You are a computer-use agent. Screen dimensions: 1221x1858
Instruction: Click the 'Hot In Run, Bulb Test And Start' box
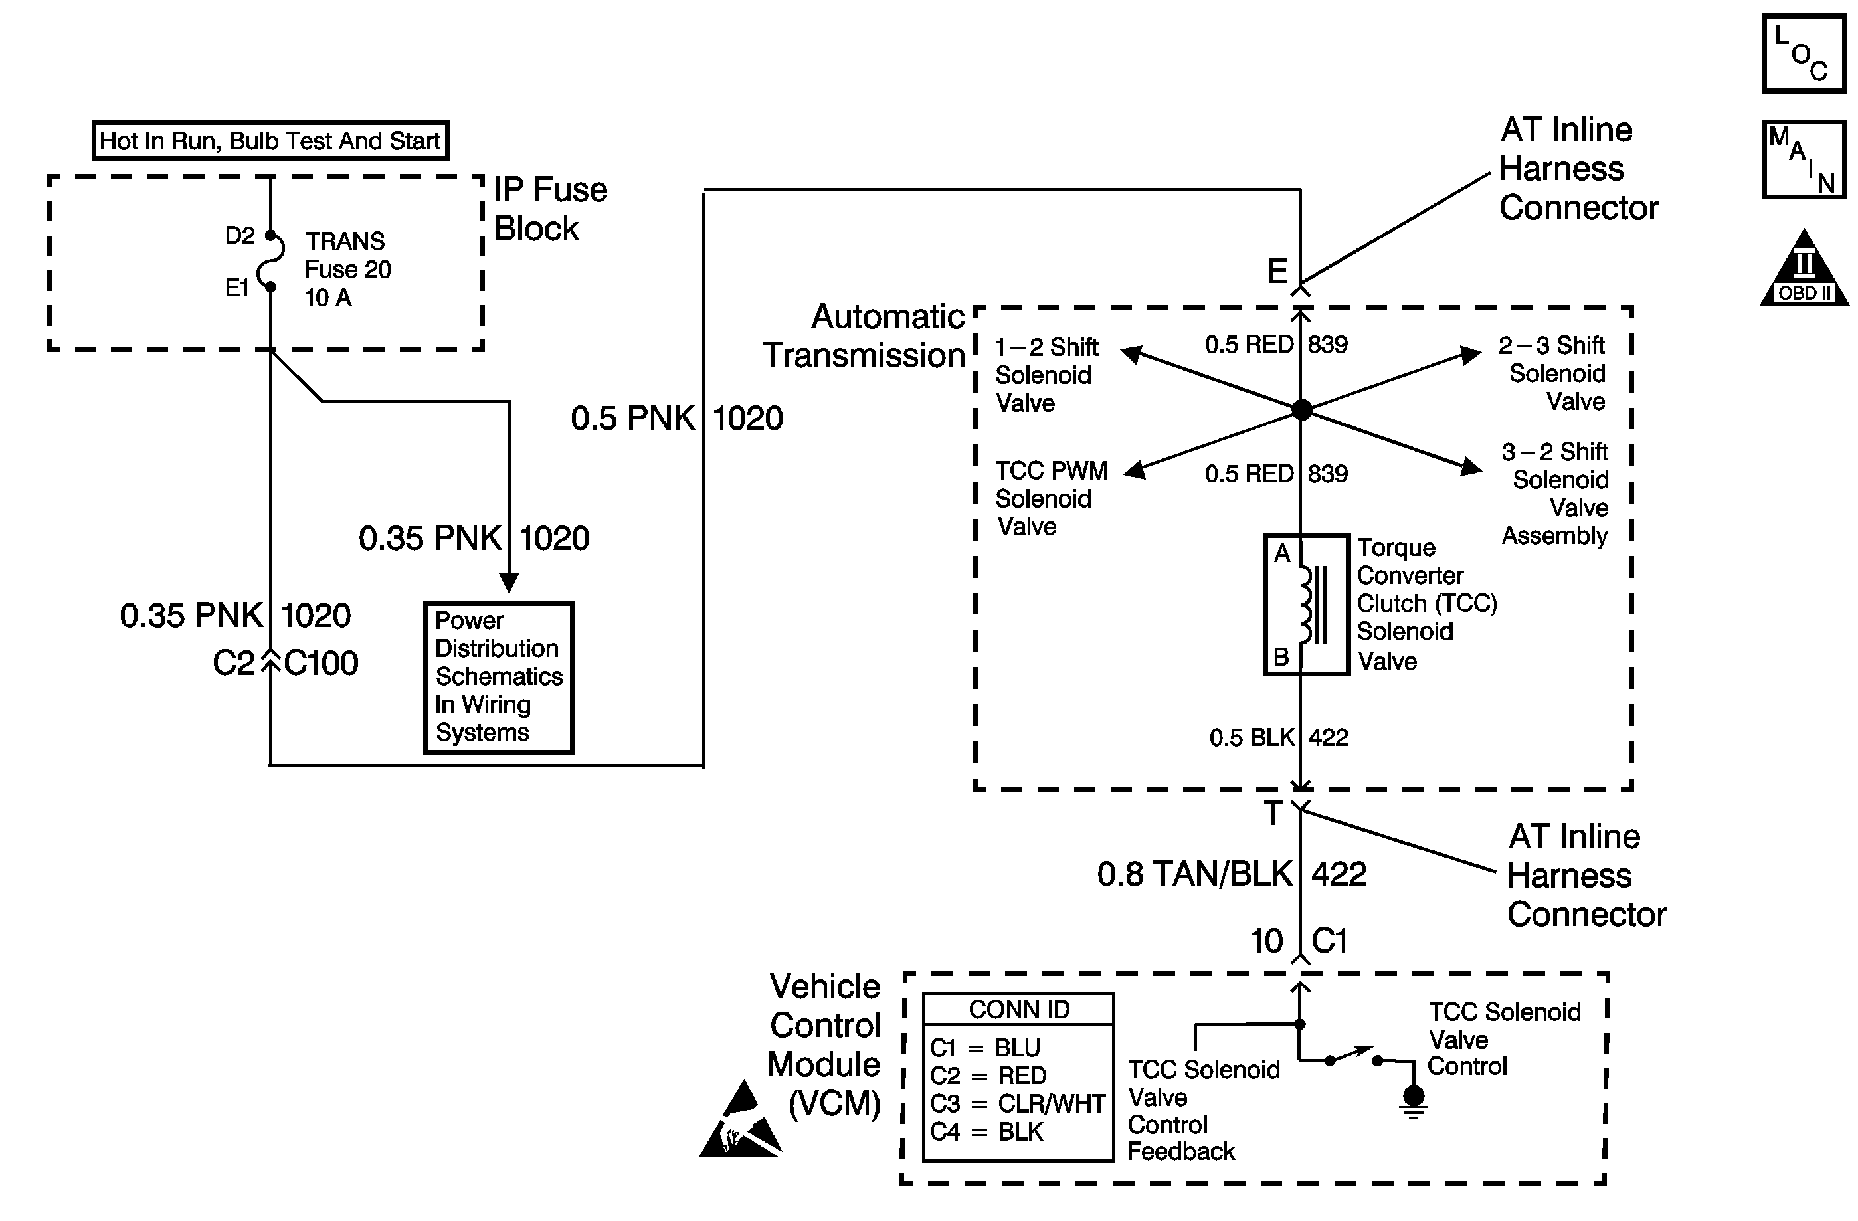(x=270, y=141)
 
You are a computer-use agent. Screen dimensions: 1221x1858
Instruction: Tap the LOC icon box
(x=1804, y=54)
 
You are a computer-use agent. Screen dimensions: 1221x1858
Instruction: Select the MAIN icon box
(x=1804, y=159)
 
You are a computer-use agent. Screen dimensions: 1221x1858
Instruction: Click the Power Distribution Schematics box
(x=498, y=677)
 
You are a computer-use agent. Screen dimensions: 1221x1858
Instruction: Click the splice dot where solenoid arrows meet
(x=1301, y=409)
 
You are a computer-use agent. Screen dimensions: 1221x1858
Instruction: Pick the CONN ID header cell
(x=1018, y=1010)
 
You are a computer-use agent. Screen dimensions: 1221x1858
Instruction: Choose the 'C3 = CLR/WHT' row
(x=1017, y=1103)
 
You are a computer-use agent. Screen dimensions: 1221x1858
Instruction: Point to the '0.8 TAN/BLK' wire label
(x=1194, y=874)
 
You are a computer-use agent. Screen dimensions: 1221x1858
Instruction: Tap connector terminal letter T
(x=1273, y=814)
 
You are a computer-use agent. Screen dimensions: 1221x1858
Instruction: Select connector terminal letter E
(x=1277, y=271)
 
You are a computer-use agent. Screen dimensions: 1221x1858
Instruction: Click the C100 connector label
(x=321, y=663)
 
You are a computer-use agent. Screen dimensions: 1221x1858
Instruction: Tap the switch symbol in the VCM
(x=1353, y=1057)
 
